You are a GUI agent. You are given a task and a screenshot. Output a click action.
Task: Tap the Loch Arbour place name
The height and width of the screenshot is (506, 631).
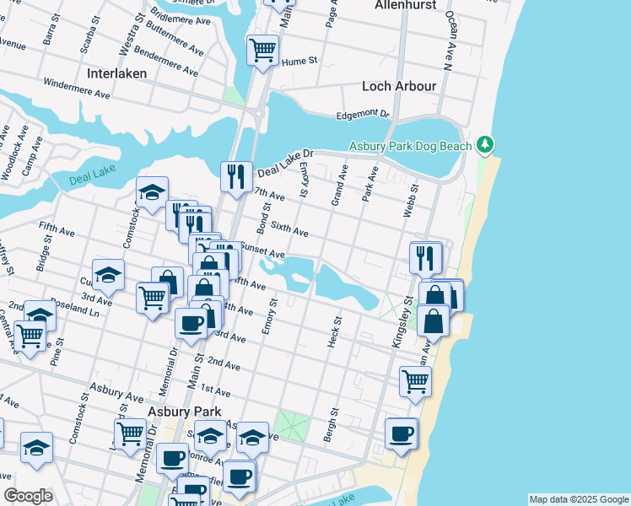point(399,86)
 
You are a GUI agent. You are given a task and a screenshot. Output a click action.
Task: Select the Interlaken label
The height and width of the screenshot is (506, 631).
point(116,73)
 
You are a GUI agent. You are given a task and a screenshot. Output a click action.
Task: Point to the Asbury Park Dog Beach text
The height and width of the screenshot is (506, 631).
point(411,146)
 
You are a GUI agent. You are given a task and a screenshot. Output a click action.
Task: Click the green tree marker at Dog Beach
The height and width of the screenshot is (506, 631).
point(485,145)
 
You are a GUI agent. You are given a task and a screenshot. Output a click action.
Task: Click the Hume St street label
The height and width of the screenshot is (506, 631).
point(299,61)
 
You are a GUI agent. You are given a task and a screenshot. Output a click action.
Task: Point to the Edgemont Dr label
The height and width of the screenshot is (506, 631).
point(363,113)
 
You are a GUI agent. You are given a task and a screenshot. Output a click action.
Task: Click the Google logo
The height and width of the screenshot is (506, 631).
point(28,496)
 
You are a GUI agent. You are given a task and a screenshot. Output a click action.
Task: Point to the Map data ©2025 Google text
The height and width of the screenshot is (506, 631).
point(578,499)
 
